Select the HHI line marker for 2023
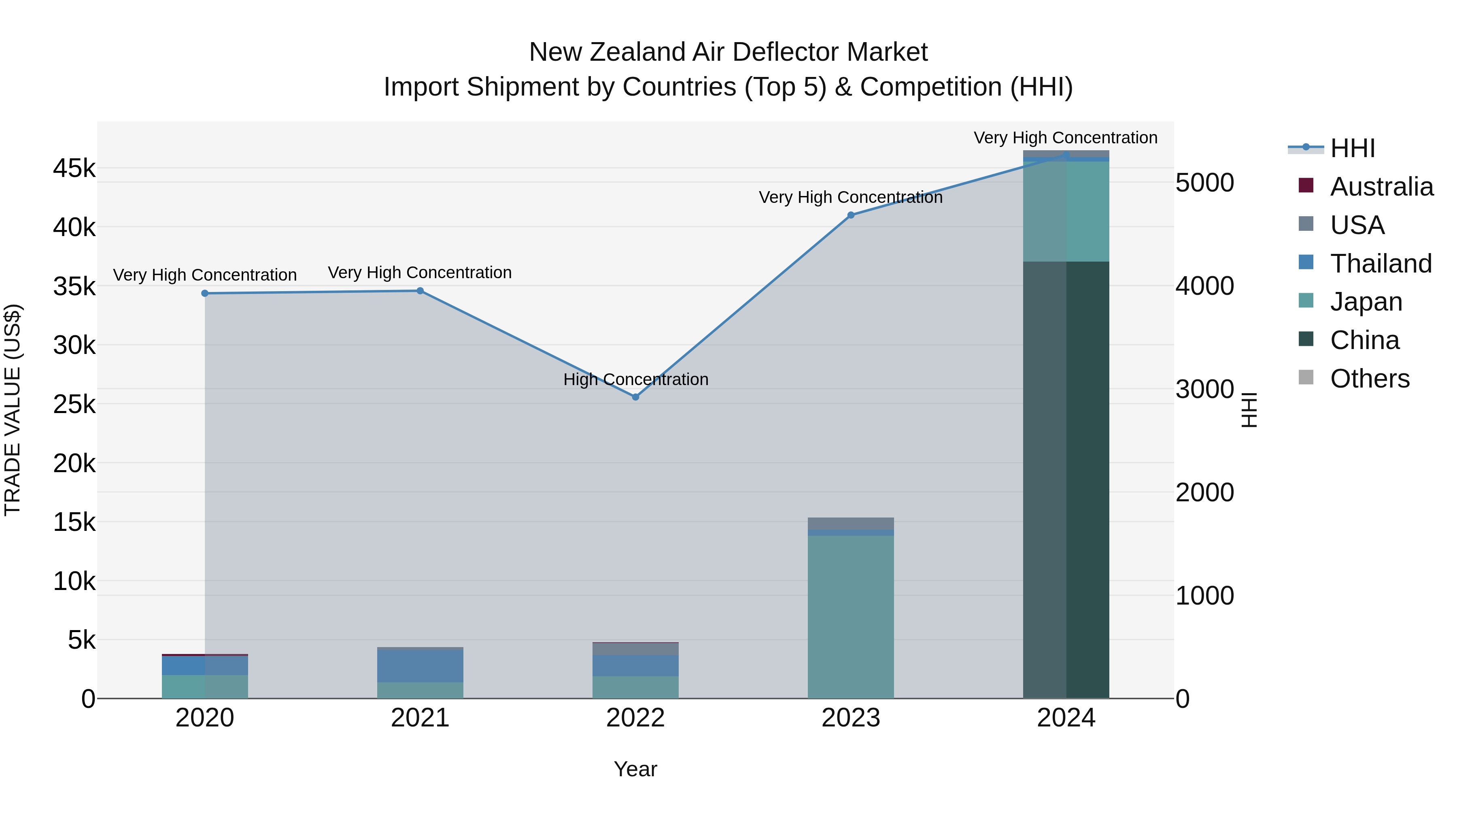851,215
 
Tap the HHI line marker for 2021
420,291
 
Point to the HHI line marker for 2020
205,293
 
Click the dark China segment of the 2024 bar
1066,481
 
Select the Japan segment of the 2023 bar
851,617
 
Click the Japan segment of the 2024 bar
1066,212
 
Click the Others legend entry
1369,379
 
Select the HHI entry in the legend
1352,148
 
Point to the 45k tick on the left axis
74,168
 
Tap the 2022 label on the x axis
635,718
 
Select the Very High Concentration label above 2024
1065,138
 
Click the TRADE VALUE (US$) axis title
13,410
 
